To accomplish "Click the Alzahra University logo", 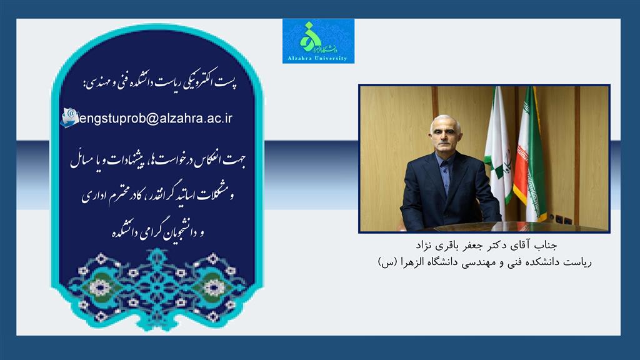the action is (318, 41).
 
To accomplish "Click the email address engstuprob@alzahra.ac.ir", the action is (156, 118).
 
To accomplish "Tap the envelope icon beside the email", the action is (69, 117).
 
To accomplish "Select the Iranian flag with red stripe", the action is (530, 155).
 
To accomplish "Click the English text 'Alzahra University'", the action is (317, 58).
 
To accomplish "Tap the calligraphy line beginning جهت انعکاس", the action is (157, 160).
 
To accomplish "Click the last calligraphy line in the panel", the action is (158, 232).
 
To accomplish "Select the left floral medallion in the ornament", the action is (99, 287).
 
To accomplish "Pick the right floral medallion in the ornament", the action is (214, 287).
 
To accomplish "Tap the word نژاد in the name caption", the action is (424, 245).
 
